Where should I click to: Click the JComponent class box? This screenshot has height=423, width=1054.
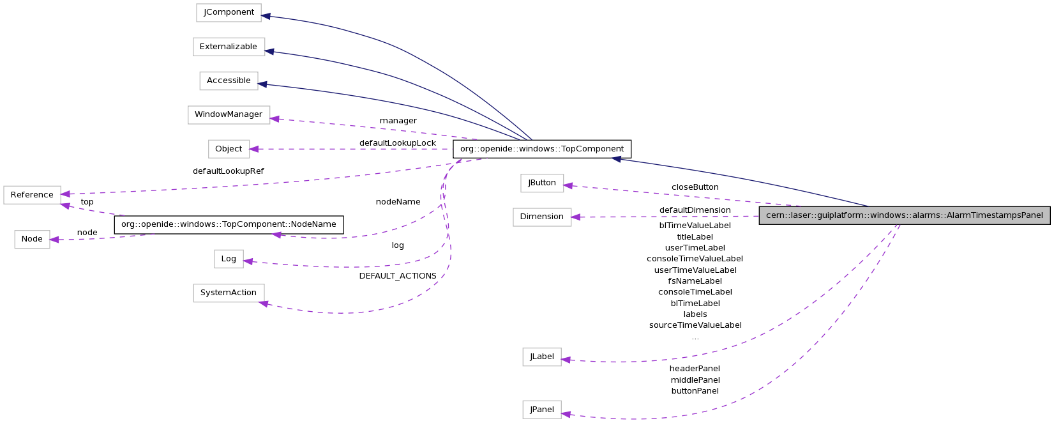[x=229, y=13]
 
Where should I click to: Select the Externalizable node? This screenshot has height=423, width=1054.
[x=229, y=47]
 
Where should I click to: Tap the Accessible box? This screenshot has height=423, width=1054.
[x=229, y=81]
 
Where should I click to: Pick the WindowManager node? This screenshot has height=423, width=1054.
[x=229, y=115]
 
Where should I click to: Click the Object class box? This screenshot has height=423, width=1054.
[x=229, y=149]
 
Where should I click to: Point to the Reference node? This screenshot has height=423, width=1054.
[x=32, y=195]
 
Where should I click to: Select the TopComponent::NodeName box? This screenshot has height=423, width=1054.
[x=229, y=225]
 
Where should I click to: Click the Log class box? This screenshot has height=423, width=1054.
[x=229, y=259]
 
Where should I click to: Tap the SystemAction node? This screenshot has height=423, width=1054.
[x=229, y=293]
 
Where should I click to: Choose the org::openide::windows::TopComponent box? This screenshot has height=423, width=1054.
[x=541, y=149]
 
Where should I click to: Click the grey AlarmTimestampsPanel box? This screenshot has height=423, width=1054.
[x=904, y=215]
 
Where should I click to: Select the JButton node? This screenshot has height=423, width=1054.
[x=541, y=183]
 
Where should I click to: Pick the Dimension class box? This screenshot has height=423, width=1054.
[x=541, y=217]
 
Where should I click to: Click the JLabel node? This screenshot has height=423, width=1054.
[x=541, y=357]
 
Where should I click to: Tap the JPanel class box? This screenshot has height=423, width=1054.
[x=541, y=410]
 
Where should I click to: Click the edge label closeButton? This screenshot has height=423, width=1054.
[x=695, y=187]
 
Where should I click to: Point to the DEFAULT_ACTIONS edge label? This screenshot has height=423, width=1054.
[x=398, y=276]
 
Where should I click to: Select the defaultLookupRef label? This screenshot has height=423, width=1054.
[x=228, y=171]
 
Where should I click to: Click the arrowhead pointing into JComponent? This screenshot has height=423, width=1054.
[x=266, y=16]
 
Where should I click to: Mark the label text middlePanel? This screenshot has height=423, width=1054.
[x=695, y=380]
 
